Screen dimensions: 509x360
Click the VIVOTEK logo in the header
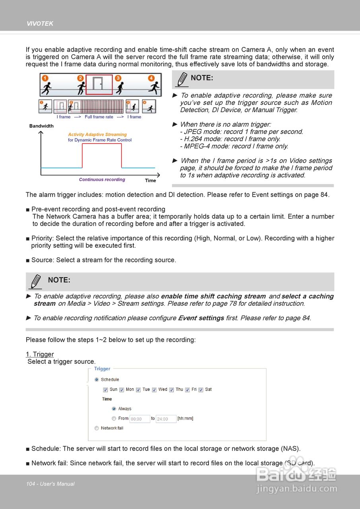click(40, 24)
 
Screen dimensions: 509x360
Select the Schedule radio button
click(97, 380)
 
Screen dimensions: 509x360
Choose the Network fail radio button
click(97, 428)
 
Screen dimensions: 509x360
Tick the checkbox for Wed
click(155, 390)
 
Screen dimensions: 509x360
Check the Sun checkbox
click(105, 390)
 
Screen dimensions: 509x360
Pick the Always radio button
click(114, 409)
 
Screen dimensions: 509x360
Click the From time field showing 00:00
click(140, 419)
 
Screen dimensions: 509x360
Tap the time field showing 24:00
click(166, 419)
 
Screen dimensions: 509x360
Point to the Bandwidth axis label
click(41, 126)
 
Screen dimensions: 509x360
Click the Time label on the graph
click(150, 181)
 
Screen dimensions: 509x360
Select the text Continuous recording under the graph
click(102, 180)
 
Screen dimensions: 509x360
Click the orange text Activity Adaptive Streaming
click(97, 134)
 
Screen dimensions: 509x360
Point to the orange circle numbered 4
click(151, 78)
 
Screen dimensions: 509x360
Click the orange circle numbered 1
click(45, 78)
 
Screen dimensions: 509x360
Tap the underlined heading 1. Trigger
click(40, 354)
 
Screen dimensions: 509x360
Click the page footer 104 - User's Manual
click(50, 484)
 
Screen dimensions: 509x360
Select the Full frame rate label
click(99, 117)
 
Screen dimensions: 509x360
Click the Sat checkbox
click(201, 390)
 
